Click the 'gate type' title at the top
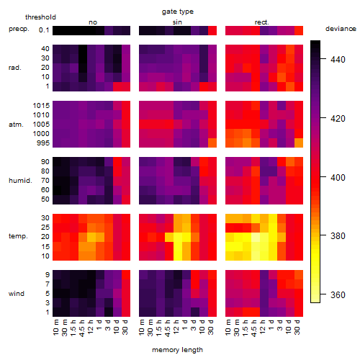coord(178,12)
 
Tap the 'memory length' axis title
coord(177,350)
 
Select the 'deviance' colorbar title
coord(341,29)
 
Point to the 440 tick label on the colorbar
coord(338,59)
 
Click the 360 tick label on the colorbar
coord(338,294)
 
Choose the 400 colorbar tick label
coord(338,177)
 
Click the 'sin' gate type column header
coord(177,22)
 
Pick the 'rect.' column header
coord(262,22)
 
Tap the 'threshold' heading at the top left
coord(40,17)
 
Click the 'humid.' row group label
coord(20,181)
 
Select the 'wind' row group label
coord(17,294)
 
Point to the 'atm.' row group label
coord(16,125)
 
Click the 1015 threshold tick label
coord(41,106)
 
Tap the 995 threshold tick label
coord(43,143)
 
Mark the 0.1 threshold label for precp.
coord(44,30)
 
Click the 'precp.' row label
coord(19,30)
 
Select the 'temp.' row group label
coord(18,236)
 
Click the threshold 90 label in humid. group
coord(45,162)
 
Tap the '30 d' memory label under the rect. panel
coord(297,327)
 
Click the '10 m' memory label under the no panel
coord(55,327)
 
